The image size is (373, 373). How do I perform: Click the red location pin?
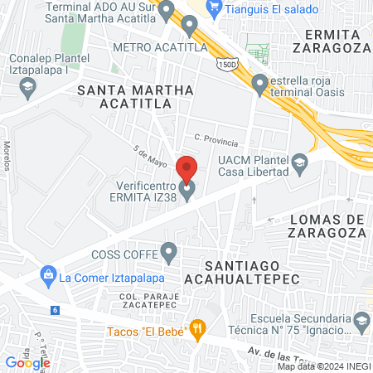pos(186,169)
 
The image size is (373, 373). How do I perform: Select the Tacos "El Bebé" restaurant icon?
pos(197,329)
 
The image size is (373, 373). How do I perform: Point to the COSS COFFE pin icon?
pos(169,250)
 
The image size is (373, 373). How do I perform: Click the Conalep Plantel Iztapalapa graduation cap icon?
pos(28,86)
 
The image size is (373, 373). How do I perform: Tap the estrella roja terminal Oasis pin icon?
pos(259,83)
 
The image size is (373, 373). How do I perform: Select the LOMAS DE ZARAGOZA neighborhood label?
pos(327,225)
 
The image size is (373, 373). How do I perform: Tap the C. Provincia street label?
pos(216,142)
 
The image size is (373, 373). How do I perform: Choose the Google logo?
pos(27,362)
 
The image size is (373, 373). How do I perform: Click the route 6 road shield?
pos(55,309)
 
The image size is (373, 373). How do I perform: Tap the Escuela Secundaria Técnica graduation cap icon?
pos(361,321)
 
